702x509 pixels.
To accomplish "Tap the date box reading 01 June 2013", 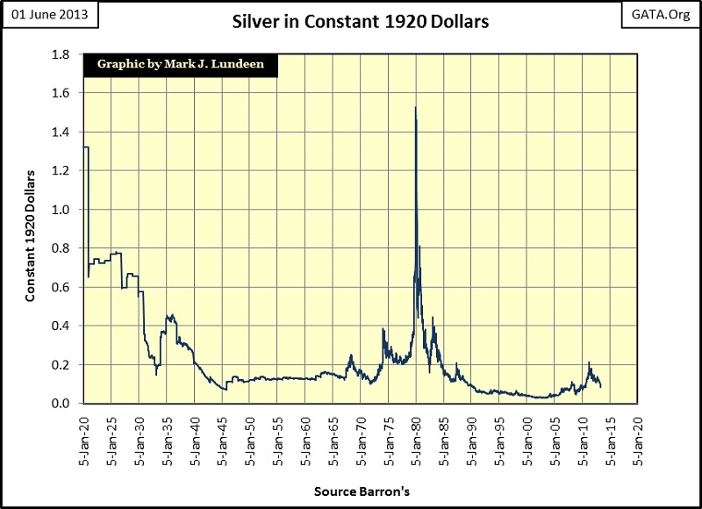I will point(50,18).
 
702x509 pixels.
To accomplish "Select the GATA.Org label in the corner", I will point(662,17).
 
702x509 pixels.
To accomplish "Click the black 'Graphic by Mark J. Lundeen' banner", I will point(180,64).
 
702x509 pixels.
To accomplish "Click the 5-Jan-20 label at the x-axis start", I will point(85,434).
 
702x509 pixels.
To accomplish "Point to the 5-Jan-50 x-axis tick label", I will point(251,434).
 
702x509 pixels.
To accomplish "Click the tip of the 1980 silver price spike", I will point(415,108).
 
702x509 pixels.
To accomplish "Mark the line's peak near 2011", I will point(589,362).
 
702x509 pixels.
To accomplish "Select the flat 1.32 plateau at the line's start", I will point(86,147).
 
